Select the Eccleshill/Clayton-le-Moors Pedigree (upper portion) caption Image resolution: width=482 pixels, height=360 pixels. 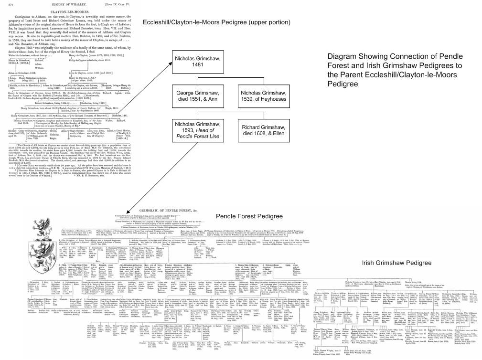click(216, 23)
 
